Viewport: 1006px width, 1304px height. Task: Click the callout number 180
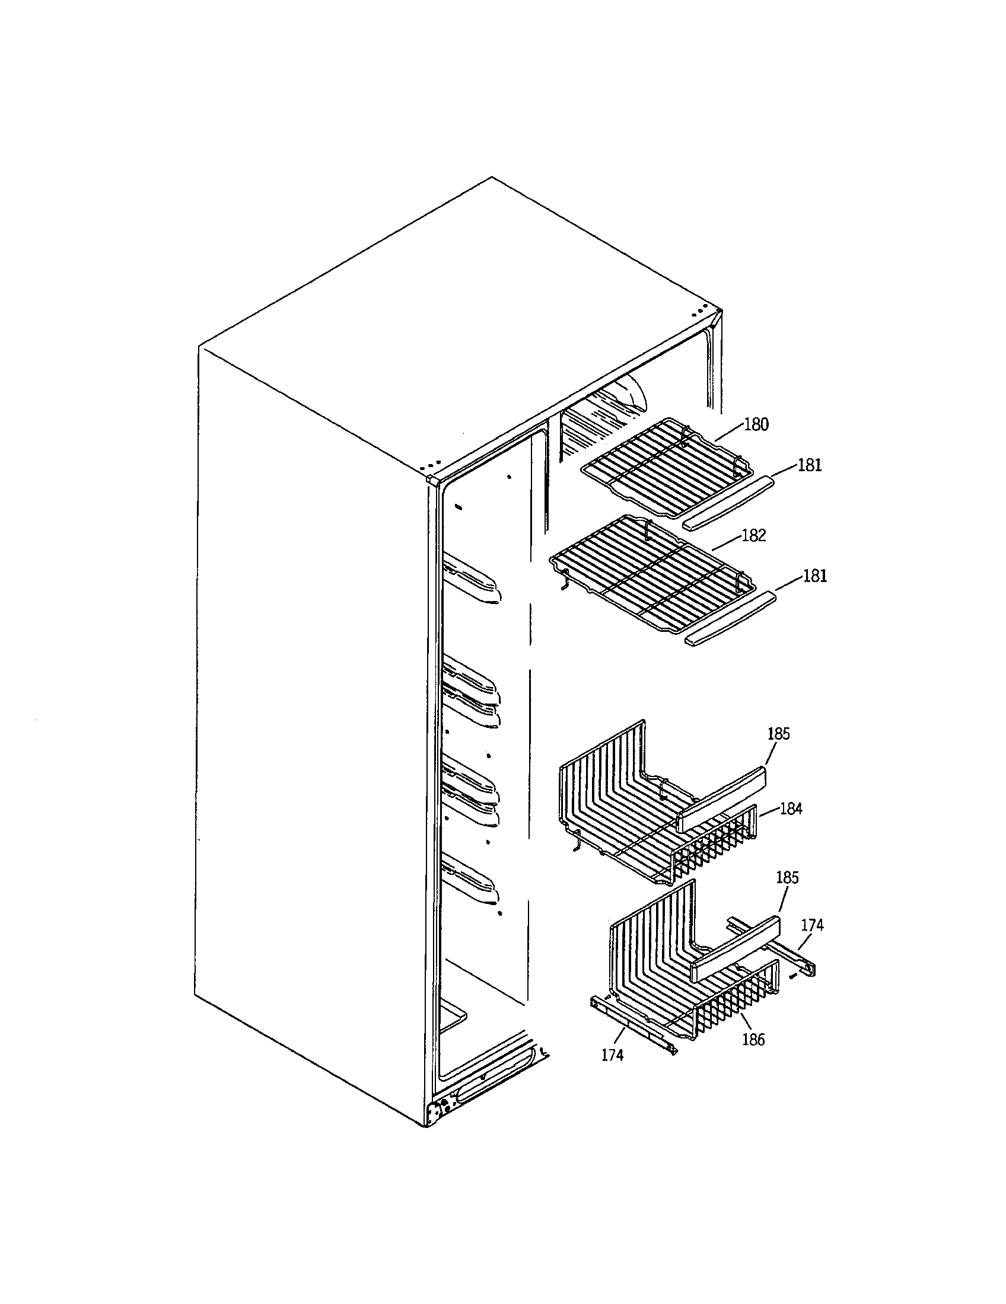point(756,424)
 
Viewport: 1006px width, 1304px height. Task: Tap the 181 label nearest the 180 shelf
point(810,465)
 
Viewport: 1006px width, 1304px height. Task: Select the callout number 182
point(753,536)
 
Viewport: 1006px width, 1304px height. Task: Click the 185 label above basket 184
point(778,733)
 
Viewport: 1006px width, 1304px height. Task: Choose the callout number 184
point(791,809)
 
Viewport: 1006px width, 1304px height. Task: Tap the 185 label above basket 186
point(787,878)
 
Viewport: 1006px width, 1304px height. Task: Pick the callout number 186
point(753,1040)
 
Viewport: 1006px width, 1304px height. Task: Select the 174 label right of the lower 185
point(813,925)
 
